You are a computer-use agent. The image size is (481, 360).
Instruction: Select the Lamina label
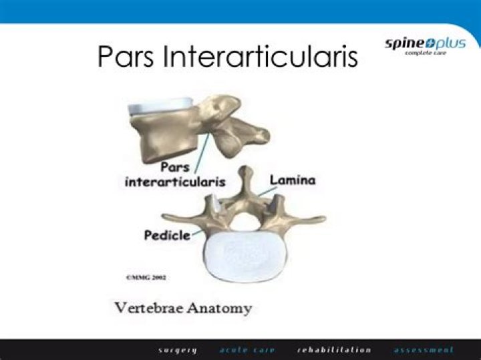[x=292, y=180]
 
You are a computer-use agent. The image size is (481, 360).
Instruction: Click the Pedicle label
[x=166, y=235]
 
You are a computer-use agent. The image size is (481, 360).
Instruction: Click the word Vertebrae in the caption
[x=148, y=309]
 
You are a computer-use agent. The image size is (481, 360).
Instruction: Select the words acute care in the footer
[x=247, y=349]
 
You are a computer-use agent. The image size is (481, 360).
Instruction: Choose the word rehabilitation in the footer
[x=334, y=349]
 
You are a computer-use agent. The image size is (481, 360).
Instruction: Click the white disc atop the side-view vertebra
[x=161, y=107]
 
